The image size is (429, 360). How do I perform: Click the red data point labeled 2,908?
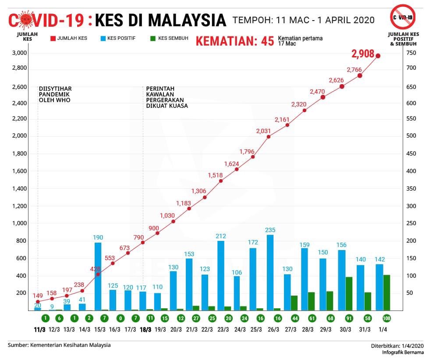coord(378,56)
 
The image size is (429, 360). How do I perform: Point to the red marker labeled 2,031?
coord(268,137)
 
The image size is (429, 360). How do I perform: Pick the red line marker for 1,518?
coord(221,181)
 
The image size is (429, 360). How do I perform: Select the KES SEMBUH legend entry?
coord(169,39)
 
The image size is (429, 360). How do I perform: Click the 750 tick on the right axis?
coord(411,53)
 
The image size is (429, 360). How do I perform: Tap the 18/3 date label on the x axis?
coord(145,329)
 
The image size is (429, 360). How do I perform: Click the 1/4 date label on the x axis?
coord(383,329)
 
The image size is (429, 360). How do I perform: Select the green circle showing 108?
coord(386,318)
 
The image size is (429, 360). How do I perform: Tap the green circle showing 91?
coord(349,318)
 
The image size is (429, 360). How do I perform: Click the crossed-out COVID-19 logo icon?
coord(403,17)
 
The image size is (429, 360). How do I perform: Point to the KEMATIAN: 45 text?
coord(234,42)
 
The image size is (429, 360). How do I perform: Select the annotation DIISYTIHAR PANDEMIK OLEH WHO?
coord(55,94)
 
